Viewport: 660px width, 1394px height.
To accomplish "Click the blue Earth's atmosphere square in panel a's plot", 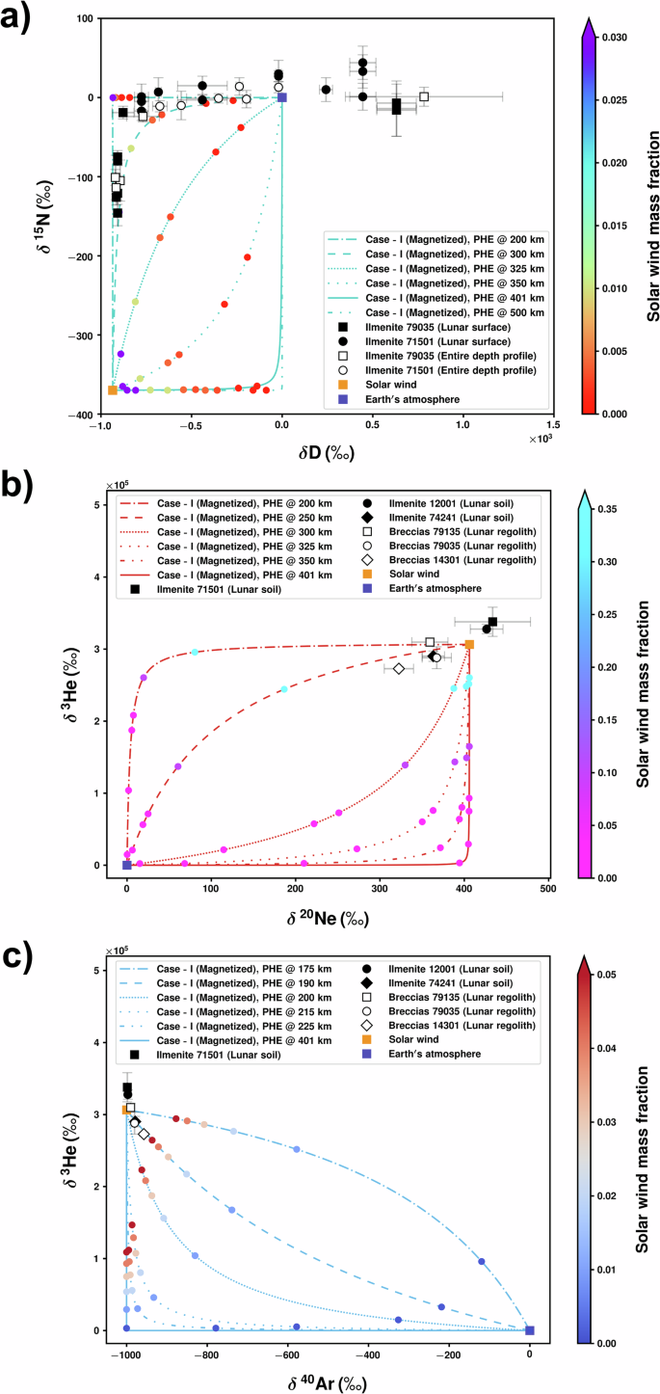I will pyautogui.click(x=281, y=97).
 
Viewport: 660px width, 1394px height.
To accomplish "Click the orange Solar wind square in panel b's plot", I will pyautogui.click(x=469, y=645).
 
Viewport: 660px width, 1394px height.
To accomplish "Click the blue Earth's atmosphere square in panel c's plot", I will pyautogui.click(x=529, y=1330).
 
